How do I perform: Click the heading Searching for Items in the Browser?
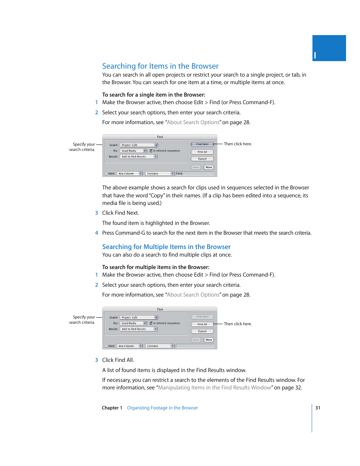160,66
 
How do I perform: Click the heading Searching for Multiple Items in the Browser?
166,247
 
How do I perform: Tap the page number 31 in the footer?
318,408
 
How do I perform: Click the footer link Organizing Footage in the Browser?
162,408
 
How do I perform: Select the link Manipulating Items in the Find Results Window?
214,388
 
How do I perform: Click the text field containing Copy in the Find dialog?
195,174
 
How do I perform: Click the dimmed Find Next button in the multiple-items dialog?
202,317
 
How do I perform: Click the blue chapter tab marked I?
329,48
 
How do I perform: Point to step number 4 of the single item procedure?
97,233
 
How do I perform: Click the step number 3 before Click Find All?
97,360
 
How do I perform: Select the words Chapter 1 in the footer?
112,408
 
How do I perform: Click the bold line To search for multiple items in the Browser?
155,267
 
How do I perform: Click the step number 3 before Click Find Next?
97,213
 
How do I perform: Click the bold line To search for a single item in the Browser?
154,95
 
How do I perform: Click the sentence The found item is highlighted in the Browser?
156,223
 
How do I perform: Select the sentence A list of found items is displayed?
174,370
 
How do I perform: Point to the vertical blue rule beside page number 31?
312,418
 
